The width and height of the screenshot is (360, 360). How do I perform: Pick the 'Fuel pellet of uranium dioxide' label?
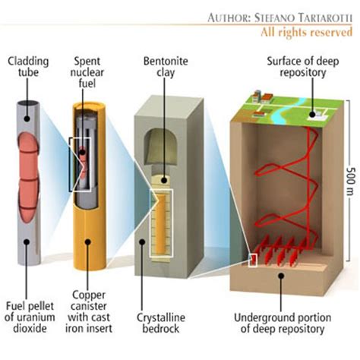click(31, 317)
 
